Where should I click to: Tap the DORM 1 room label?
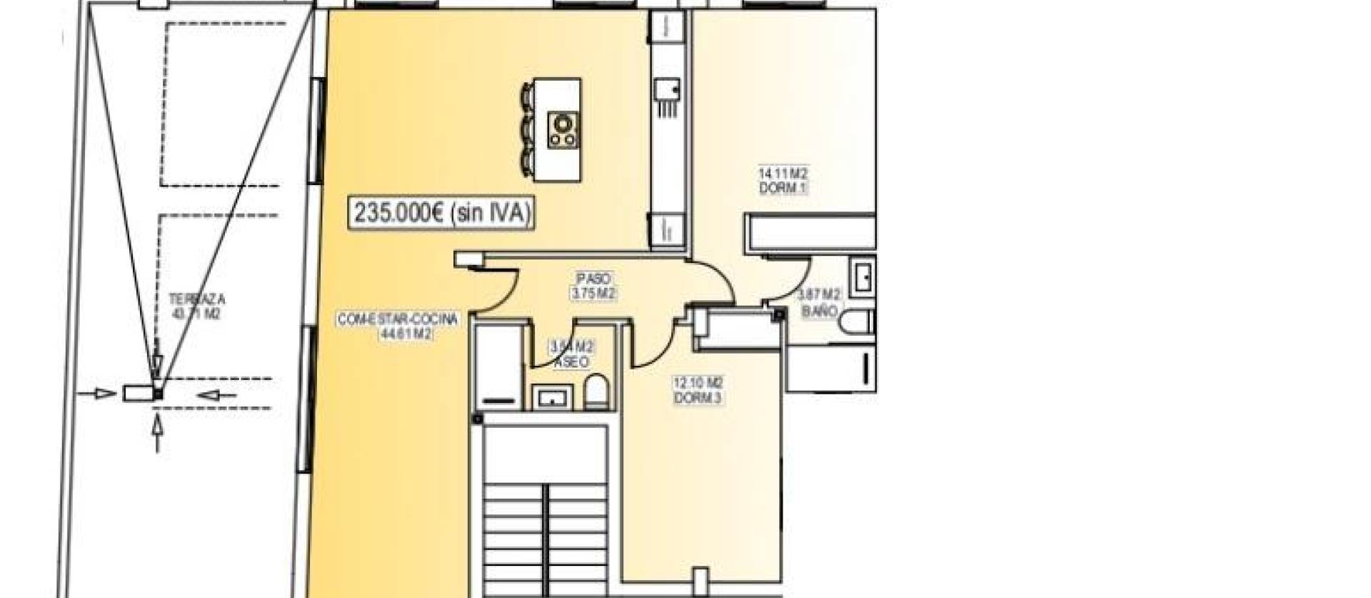pos(783,188)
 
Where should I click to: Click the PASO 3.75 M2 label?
pos(593,286)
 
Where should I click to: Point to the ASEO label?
pos(571,362)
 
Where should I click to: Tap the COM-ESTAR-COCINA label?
pos(397,319)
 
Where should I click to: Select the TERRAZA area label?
pos(196,299)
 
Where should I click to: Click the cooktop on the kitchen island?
pos(563,130)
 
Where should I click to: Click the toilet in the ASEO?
pos(596,394)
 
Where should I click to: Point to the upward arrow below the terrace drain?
pos(158,434)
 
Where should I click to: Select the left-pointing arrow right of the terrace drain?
pos(219,394)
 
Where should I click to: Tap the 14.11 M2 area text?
pos(783,174)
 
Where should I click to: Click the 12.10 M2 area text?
pos(690,383)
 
